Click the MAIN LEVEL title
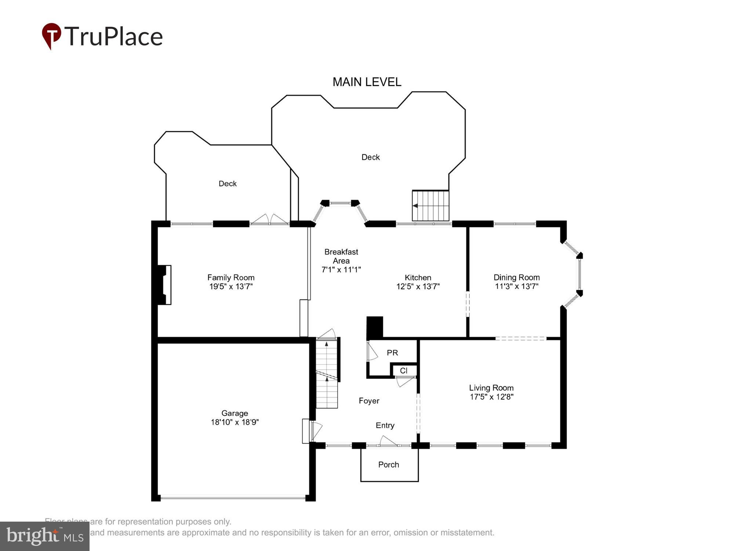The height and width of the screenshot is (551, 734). [x=367, y=82]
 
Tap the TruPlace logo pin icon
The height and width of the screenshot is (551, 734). [x=51, y=36]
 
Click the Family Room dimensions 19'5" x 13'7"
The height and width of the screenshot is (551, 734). [x=231, y=287]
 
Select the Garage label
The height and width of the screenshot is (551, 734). [x=235, y=413]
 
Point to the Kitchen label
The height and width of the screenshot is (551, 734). [x=418, y=278]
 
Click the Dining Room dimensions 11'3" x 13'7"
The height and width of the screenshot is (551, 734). [x=516, y=287]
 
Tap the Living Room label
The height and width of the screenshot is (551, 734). [x=491, y=388]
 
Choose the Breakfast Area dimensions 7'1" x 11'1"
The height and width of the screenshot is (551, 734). [x=341, y=270]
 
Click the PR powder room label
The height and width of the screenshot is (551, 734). [x=392, y=353]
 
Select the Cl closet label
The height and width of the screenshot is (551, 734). [x=404, y=371]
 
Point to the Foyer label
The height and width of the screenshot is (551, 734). [x=369, y=401]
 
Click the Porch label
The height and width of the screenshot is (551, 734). [x=388, y=465]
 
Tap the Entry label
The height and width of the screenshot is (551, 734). [x=385, y=425]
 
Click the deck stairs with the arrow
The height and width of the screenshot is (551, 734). [x=430, y=206]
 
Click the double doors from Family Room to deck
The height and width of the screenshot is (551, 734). [x=269, y=220]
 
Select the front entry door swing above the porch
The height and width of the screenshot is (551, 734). [x=388, y=441]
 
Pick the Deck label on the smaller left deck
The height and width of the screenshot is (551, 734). [x=228, y=184]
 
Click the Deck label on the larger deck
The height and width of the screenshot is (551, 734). [x=370, y=157]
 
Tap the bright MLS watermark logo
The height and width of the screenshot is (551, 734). [x=45, y=536]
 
